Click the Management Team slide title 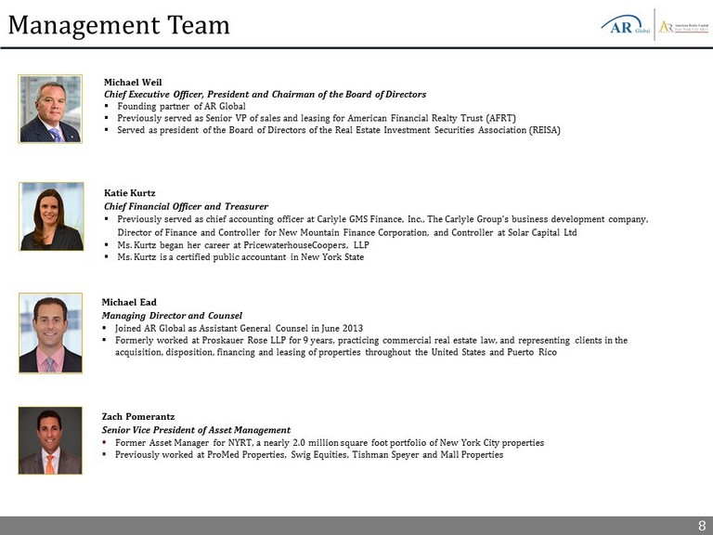tap(118, 24)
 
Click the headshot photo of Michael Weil tap(50, 110)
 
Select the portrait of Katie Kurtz tap(51, 216)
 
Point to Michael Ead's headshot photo tap(50, 333)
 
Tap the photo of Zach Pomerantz tap(50, 440)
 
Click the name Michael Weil tap(133, 82)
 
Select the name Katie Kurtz tap(130, 193)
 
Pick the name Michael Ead tap(129, 302)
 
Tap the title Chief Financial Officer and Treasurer tap(186, 206)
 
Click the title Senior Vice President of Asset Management tap(196, 430)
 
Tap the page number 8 tap(702, 526)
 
